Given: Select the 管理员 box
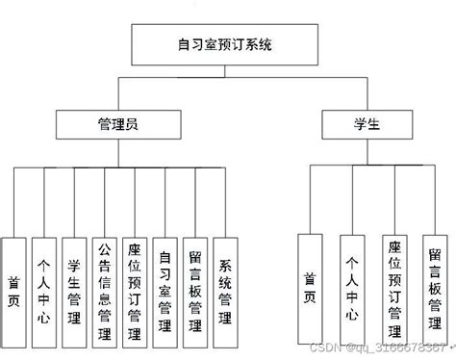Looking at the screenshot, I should coord(118,123).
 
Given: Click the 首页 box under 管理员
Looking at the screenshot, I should coord(13,289).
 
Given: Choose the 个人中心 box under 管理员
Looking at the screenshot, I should coord(43,289).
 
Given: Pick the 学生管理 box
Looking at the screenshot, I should coord(74,289).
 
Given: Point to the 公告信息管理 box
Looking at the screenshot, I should coord(104,289).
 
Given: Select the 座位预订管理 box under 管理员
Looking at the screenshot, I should coord(135,289).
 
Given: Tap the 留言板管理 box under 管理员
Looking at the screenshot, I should coord(195,289).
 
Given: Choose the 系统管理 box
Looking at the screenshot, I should coord(225,289).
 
